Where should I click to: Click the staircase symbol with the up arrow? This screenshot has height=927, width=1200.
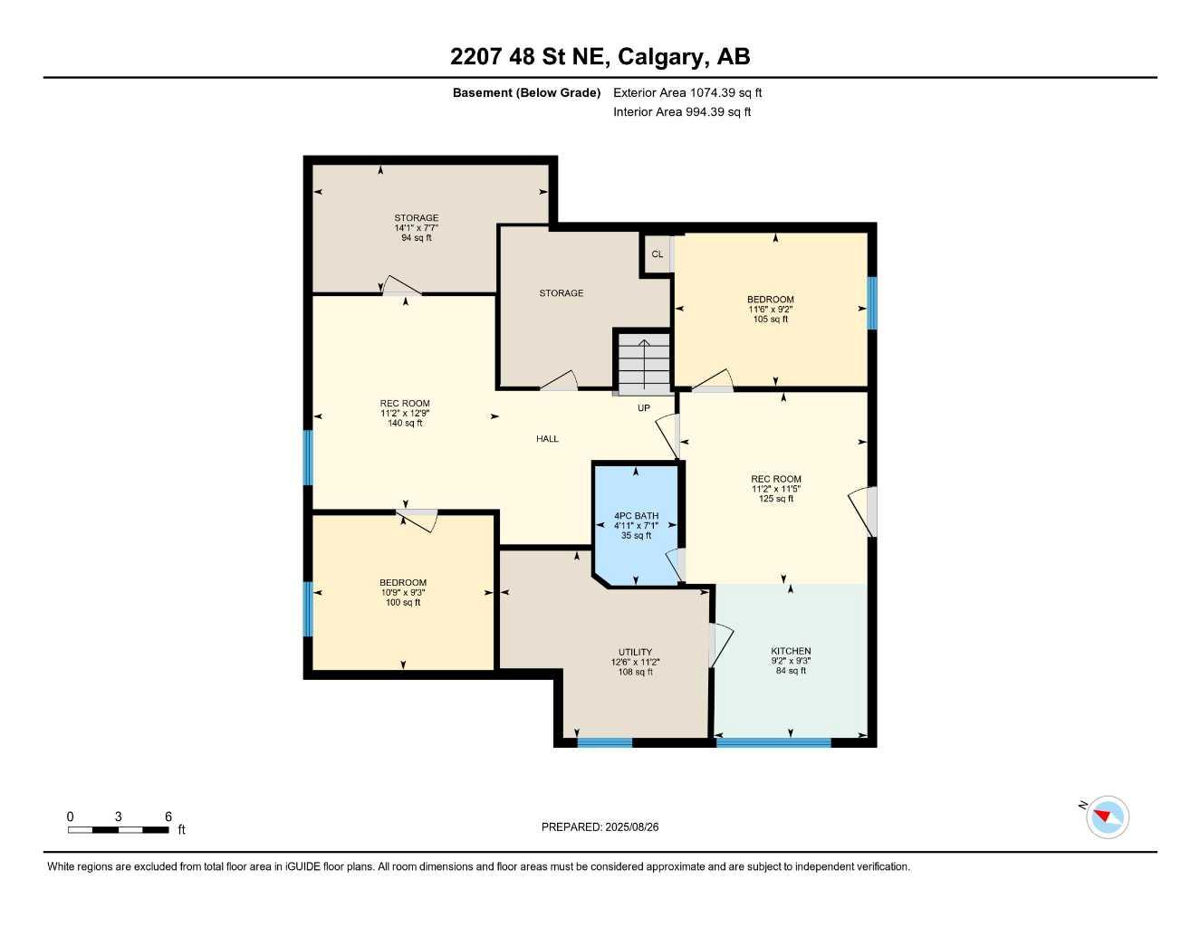tap(644, 362)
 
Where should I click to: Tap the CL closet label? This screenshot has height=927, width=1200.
tap(658, 254)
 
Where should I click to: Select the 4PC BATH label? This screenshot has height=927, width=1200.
tap(636, 516)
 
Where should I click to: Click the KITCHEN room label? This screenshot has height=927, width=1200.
tap(791, 651)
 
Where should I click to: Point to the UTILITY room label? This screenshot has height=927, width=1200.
tap(635, 652)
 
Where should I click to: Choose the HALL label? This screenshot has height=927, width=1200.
tap(547, 439)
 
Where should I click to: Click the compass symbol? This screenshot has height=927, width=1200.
tap(1107, 817)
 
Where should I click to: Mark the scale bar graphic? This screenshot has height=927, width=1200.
tap(118, 829)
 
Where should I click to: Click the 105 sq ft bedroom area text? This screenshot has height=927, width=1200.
tap(771, 320)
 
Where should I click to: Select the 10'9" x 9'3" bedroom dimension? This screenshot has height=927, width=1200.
tap(403, 593)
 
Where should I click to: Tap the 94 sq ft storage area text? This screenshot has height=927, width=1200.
tap(417, 238)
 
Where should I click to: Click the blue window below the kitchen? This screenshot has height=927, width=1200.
tap(773, 743)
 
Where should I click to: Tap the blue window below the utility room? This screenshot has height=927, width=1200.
tap(604, 743)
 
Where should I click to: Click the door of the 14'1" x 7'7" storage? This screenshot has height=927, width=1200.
tap(401, 286)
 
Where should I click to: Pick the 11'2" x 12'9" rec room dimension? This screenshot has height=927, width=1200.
tap(405, 414)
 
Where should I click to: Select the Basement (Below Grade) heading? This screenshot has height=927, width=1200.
tap(526, 92)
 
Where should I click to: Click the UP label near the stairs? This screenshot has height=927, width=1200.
tap(644, 408)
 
